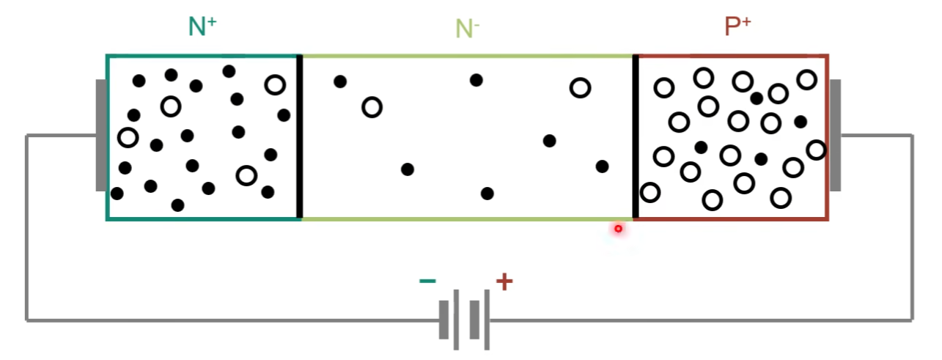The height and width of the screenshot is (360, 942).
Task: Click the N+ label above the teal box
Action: point(202,26)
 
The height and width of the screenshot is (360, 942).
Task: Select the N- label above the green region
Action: point(467,29)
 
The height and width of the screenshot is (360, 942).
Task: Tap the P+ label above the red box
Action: point(737,26)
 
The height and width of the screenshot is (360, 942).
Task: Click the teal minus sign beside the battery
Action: point(427,281)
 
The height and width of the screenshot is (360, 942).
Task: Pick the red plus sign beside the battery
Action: point(504,282)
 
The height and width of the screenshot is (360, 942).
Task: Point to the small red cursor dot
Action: point(618,229)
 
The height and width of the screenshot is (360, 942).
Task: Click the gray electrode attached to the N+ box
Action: point(101,136)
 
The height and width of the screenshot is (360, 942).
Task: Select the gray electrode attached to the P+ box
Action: point(835,136)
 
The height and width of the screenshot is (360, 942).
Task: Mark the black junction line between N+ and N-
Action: point(299,136)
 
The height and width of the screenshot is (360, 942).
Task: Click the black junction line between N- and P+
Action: point(636,136)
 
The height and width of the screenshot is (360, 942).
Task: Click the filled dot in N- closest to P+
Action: point(602,166)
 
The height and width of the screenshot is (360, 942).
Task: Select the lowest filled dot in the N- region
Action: point(487,194)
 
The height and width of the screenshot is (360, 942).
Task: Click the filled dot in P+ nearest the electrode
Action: point(801,122)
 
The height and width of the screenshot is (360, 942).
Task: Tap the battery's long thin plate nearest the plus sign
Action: point(487,320)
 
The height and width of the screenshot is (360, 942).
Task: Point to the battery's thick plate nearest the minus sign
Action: point(444,320)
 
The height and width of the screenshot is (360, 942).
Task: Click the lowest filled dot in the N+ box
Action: point(178,205)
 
